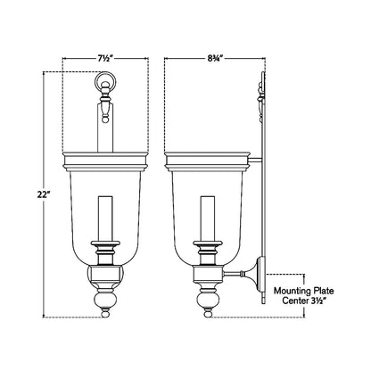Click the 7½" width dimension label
point(104,59)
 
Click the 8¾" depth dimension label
point(215,59)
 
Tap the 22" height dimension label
point(44,195)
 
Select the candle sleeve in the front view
point(105,218)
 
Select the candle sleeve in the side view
point(208,218)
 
